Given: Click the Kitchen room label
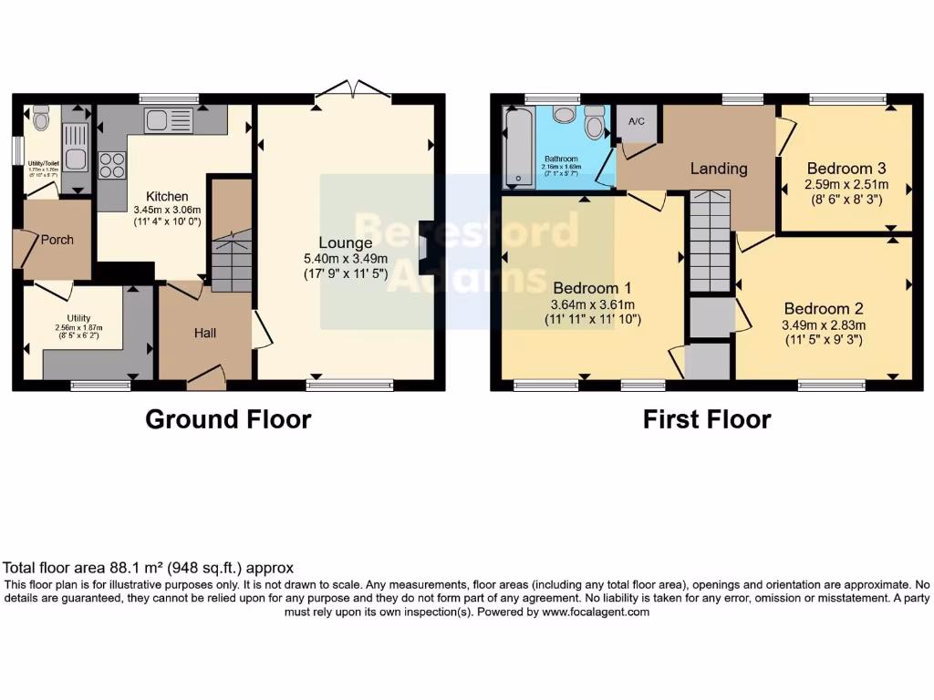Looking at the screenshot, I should coord(168,196).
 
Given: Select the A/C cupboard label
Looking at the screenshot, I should coord(636,121).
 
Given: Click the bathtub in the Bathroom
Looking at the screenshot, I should coord(518,148).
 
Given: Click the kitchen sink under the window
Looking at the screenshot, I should coord(169,119).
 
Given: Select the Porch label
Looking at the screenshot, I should coord(57,240).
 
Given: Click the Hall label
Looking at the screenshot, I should coord(204,334).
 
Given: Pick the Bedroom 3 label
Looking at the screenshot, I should coord(846,169).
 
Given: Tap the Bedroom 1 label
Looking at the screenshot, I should coord(592,283).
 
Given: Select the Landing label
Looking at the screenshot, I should coord(719,169).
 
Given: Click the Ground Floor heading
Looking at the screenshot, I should coord(229,419).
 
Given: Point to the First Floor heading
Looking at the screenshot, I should coord(707,419).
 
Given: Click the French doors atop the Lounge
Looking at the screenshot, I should coord(352,90).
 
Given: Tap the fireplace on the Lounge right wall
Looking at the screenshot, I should coord(426,247).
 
